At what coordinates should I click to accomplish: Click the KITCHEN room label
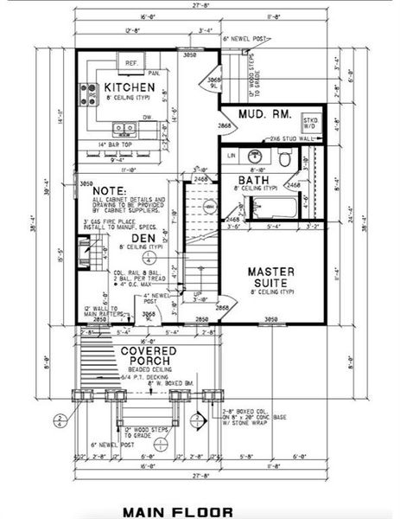[130, 87]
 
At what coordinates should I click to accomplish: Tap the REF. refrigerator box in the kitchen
[131, 64]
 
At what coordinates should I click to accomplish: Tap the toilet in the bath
[285, 157]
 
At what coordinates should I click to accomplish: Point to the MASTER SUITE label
[272, 277]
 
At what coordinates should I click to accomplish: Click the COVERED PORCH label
[149, 356]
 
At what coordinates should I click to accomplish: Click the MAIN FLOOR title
[177, 511]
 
